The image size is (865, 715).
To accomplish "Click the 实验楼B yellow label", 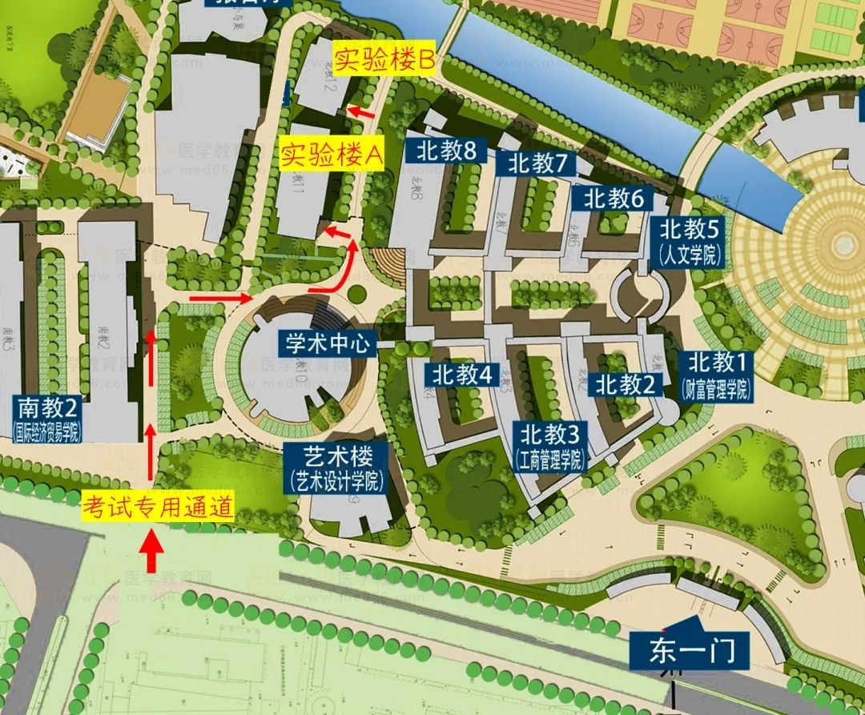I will [x=384, y=60].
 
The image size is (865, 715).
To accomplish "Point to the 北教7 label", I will [x=537, y=164].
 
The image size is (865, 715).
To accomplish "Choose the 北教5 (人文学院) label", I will [x=689, y=241].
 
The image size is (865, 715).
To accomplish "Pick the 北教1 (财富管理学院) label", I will [x=717, y=376].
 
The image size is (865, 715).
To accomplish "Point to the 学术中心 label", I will [x=328, y=344].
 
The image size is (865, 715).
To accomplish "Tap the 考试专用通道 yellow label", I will [x=159, y=506].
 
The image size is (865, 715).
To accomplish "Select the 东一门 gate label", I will [x=688, y=649].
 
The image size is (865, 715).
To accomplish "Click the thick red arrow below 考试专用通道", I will [x=152, y=552].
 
